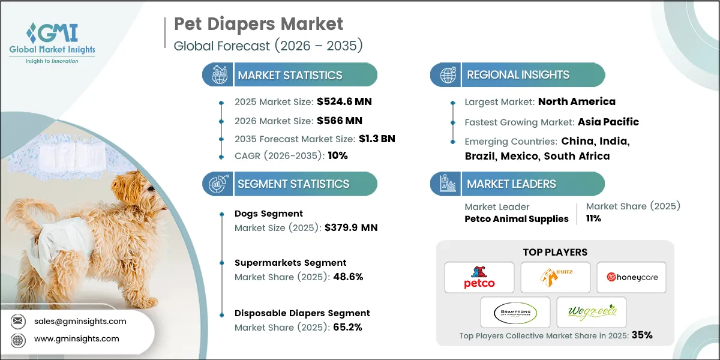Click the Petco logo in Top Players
479,277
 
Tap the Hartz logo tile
555,277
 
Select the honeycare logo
631,277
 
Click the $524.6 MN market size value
340,101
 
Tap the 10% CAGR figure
337,155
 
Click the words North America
576,101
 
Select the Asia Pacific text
608,122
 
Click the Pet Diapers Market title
258,25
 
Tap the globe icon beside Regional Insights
448,75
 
